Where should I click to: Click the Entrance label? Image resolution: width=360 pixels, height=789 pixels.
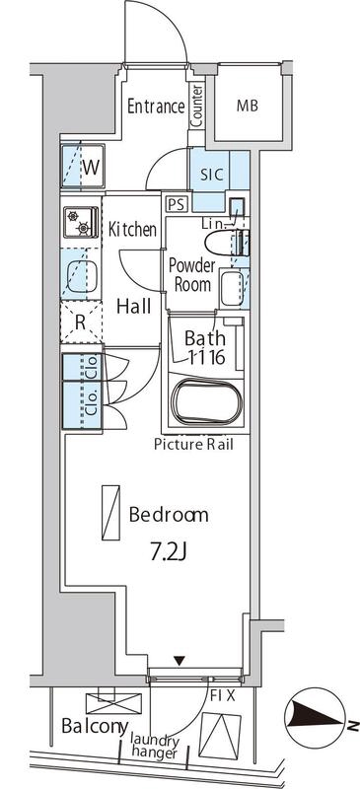point(156,107)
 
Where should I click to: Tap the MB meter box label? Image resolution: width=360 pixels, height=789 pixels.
point(248,106)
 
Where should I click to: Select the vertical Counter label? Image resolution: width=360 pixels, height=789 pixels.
point(197,106)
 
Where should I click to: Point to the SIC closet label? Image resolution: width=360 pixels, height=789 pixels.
point(211,175)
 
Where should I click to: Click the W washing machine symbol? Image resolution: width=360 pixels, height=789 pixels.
point(83,167)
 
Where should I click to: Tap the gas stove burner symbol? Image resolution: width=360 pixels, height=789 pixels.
point(80,221)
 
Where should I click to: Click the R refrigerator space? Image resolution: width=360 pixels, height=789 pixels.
point(81,323)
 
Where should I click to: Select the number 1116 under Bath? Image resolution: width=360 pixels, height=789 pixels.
point(206,357)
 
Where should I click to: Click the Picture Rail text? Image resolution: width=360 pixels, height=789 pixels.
point(194,445)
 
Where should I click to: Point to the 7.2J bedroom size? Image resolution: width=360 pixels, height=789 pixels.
point(169,553)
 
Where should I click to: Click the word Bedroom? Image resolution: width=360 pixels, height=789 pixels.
point(169,515)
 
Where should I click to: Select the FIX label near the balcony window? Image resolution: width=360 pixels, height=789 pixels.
point(223,696)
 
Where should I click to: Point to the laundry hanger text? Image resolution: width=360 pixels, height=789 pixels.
point(155,747)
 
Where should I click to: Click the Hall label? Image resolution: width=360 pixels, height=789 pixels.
point(133,306)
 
